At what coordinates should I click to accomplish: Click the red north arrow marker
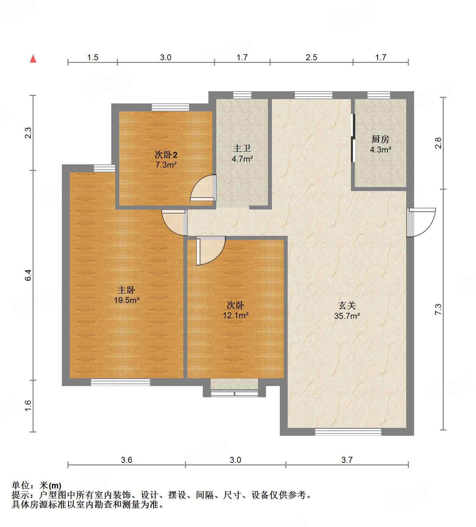tap(33, 59)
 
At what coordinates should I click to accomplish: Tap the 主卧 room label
tap(126, 290)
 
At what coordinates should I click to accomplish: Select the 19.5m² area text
tap(126, 300)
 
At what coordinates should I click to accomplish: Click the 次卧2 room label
tap(166, 154)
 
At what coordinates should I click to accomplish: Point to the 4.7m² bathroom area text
tap(242, 159)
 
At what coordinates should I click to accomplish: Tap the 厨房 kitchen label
tap(380, 139)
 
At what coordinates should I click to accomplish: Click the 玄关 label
tap(347, 305)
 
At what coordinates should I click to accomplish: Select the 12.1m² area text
tap(235, 315)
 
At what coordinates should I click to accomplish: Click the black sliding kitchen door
tap(353, 138)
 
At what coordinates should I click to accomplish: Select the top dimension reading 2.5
tap(311, 58)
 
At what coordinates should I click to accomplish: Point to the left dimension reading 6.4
tap(28, 275)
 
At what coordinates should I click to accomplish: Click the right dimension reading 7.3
tap(438, 309)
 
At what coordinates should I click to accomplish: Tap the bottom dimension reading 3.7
tap(347, 460)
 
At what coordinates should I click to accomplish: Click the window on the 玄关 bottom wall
tap(348, 432)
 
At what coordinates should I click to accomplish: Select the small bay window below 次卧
tap(234, 393)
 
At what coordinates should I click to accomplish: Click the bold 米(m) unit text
tap(50, 485)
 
